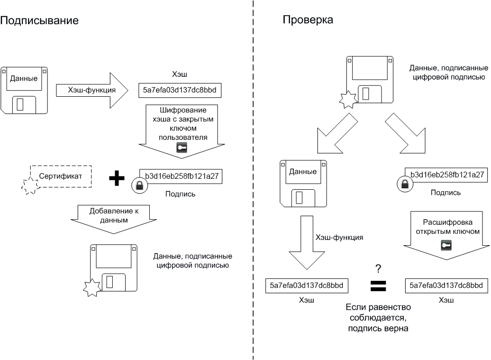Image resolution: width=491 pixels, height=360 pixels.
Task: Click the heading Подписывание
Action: pos(39,21)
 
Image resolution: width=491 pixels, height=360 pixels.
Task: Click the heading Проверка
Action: pos(308,20)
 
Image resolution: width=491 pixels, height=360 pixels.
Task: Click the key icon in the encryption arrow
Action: pos(182,148)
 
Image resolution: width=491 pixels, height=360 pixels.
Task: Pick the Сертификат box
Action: pos(61,176)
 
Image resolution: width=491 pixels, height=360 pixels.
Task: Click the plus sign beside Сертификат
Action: pos(117,178)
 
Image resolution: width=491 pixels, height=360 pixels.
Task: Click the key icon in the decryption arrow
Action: pos(446,245)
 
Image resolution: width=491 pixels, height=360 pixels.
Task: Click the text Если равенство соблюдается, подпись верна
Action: pos(378,318)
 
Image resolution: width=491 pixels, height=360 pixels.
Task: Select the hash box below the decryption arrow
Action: pos(446,285)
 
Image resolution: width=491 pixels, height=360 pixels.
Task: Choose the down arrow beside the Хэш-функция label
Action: pos(306,247)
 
